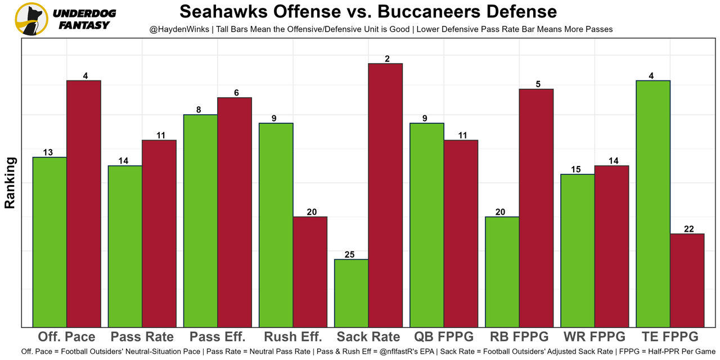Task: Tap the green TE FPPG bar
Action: (x=653, y=203)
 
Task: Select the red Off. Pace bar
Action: (x=84, y=203)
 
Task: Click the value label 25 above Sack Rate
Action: (x=349, y=255)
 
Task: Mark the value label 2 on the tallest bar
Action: (x=388, y=58)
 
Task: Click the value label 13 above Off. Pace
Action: (x=48, y=152)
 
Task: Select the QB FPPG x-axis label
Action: (x=444, y=337)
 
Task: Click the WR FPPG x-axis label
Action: (x=595, y=337)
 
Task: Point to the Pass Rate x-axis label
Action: (x=142, y=337)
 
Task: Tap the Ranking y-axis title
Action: (x=10, y=183)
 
